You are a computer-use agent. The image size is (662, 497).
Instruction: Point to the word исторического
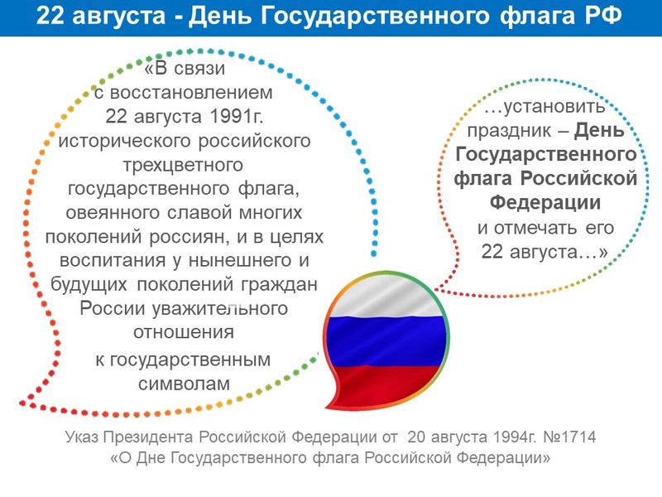(x=125, y=141)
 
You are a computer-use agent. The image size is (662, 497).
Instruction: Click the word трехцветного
(x=183, y=165)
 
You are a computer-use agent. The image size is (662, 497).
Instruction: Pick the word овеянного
(x=113, y=212)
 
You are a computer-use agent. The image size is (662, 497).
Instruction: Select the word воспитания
(x=113, y=260)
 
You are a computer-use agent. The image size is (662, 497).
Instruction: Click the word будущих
(x=89, y=284)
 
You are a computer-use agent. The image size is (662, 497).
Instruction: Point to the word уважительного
(x=219, y=308)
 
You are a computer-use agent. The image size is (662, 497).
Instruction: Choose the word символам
(x=184, y=384)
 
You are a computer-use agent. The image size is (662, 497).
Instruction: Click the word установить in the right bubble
(x=544, y=107)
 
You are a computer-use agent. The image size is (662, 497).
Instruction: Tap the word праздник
(x=509, y=131)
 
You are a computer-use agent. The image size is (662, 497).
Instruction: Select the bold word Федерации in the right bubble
(x=545, y=202)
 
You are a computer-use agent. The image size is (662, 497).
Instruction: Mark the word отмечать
(x=535, y=229)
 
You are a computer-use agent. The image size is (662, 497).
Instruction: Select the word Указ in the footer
(x=82, y=437)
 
